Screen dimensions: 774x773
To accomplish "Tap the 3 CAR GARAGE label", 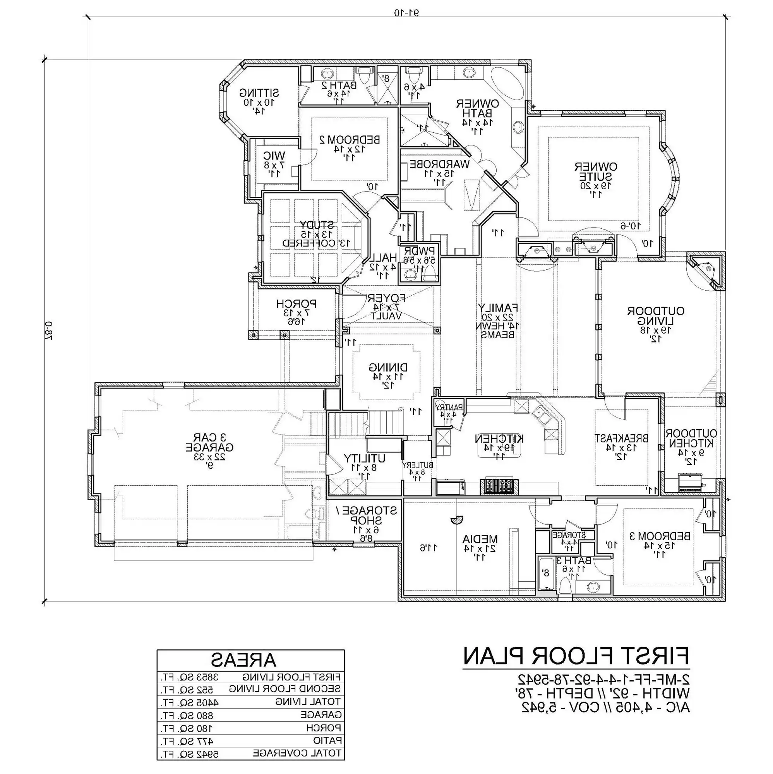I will tap(209, 442).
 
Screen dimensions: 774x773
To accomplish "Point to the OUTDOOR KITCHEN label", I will tap(691, 439).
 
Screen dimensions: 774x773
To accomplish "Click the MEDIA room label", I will tap(480, 539).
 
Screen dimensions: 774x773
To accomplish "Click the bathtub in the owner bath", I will tap(507, 85).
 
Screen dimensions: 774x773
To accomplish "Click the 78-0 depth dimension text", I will tap(48, 330).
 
